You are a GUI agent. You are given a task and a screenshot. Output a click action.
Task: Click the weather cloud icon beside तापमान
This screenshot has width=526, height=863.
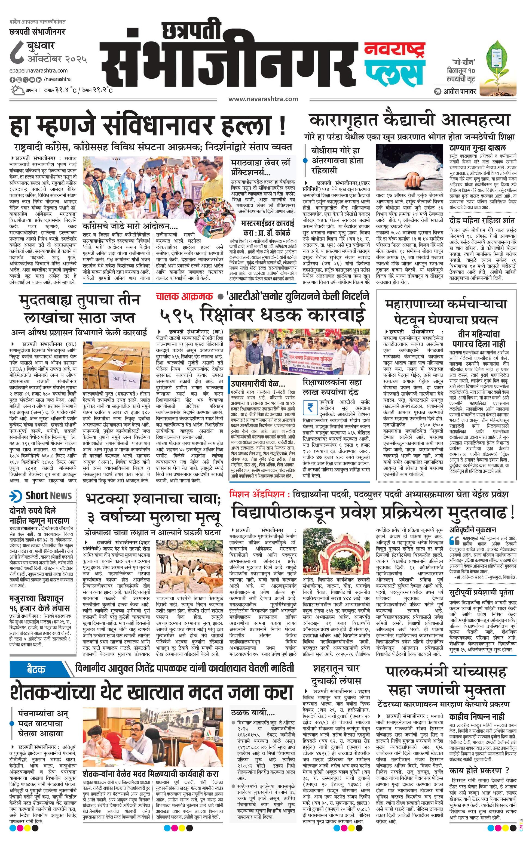pos(16,90)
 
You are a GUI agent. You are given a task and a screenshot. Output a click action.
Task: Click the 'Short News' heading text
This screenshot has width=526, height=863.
pos(48,496)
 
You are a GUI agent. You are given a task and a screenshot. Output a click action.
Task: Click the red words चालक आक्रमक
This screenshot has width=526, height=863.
pos(185,297)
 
